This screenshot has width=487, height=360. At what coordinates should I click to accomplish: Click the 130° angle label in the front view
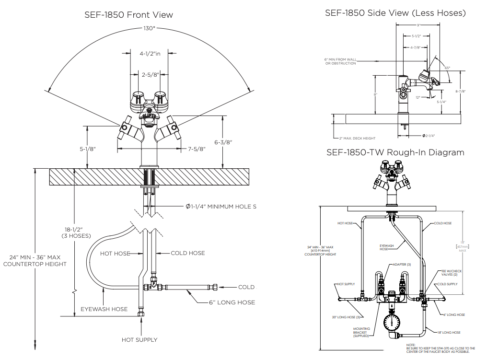click(x=149, y=28)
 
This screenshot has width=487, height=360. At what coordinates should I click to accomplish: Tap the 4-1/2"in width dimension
click(x=150, y=54)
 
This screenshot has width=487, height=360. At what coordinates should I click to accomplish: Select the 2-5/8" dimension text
click(x=150, y=74)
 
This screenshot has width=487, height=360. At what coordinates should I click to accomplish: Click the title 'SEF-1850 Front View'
click(x=128, y=15)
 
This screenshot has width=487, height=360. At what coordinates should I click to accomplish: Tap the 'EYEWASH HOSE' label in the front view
click(x=104, y=309)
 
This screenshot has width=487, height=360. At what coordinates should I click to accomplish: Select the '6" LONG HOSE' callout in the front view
click(x=232, y=302)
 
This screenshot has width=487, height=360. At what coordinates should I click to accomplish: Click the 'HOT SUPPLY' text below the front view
click(x=139, y=340)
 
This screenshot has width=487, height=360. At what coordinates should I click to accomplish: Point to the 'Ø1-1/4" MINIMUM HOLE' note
click(x=221, y=207)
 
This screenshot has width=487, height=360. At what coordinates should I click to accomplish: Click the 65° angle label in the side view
click(x=447, y=68)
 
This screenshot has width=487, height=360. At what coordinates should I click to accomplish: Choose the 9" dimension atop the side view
click(x=418, y=25)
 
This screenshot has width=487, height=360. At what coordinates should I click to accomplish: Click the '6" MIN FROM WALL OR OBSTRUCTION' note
click(x=340, y=61)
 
